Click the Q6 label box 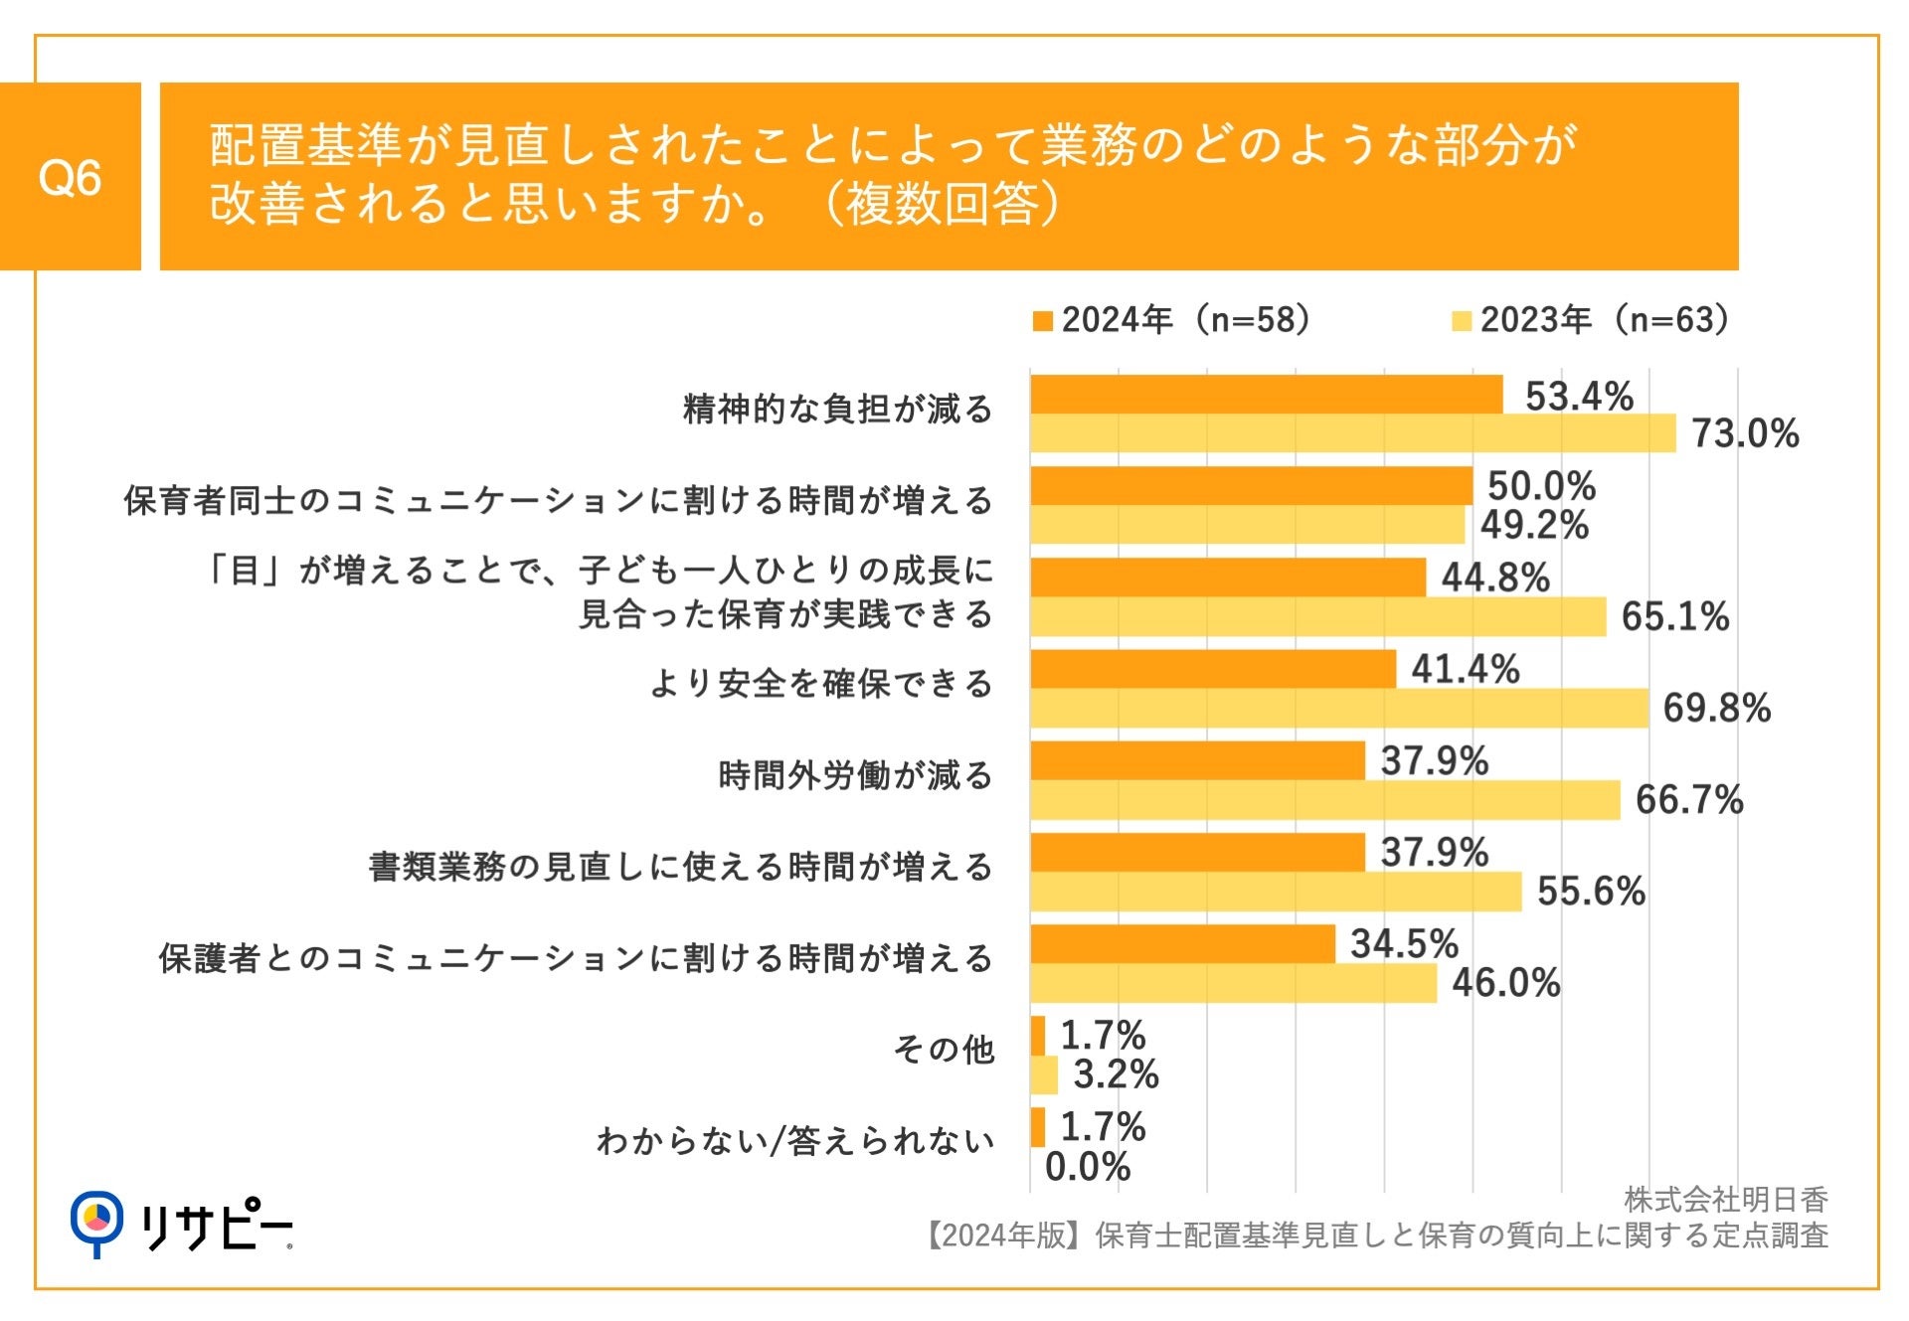click(70, 177)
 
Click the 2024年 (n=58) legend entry click(1173, 320)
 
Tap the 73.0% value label click(1745, 434)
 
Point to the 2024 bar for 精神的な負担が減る click(1266, 395)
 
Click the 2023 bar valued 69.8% click(1339, 709)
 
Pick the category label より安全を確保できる click(821, 684)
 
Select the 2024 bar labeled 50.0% click(1251, 486)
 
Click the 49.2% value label click(1534, 525)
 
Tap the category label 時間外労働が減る click(855, 775)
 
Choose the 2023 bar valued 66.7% click(1324, 800)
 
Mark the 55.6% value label click(1591, 892)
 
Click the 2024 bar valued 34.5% click(1182, 944)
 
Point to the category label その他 click(944, 1050)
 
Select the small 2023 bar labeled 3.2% click(1044, 1075)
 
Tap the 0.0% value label click(1087, 1167)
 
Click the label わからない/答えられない click(795, 1141)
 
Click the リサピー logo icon click(96, 1221)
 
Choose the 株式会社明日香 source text click(1725, 1200)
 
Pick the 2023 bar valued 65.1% click(1317, 617)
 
